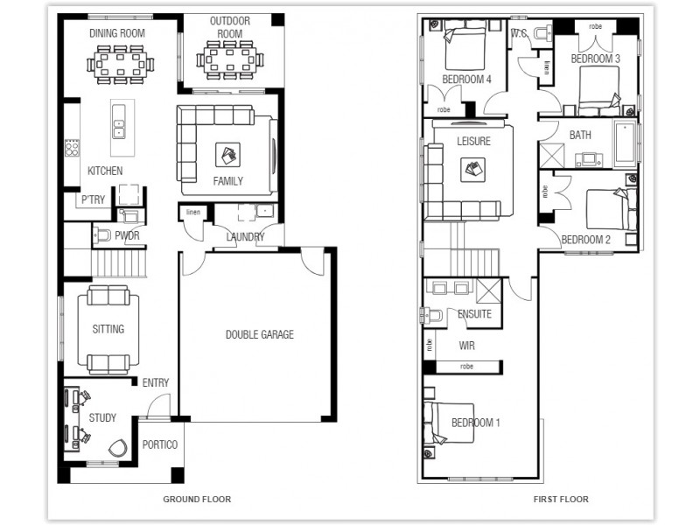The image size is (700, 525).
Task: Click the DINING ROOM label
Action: click(x=117, y=33)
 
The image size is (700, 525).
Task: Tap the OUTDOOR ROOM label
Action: click(x=230, y=27)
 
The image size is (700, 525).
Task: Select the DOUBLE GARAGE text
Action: click(x=259, y=334)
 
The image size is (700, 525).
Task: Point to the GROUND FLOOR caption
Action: click(x=197, y=500)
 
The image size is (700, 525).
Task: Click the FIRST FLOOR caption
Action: click(x=561, y=500)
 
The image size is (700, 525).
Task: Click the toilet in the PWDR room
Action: click(x=102, y=234)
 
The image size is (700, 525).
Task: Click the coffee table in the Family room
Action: click(x=227, y=157)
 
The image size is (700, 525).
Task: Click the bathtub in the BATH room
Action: click(x=625, y=145)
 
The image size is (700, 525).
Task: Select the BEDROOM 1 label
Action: click(x=475, y=423)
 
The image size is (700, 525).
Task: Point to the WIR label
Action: click(x=466, y=346)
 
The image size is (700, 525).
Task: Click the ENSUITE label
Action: click(x=474, y=313)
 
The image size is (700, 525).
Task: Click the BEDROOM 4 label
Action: click(x=466, y=79)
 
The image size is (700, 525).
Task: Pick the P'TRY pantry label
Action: click(x=94, y=200)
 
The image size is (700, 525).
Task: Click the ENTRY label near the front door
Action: click(x=155, y=382)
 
